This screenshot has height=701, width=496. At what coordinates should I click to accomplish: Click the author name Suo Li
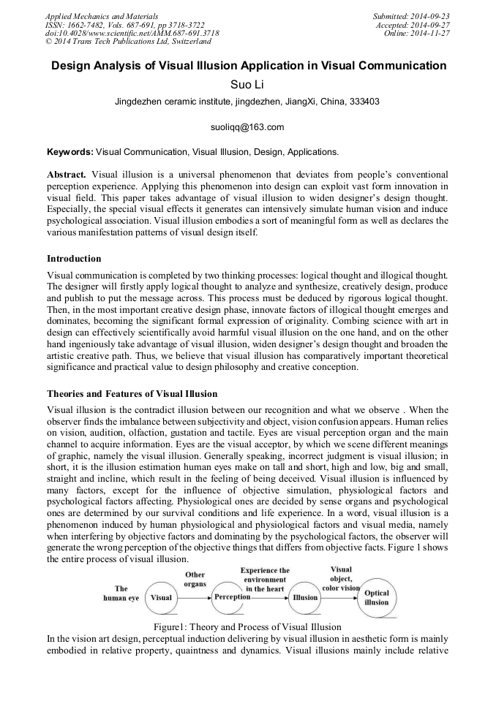tap(247, 85)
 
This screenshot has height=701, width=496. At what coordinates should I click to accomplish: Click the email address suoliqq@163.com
tap(247, 127)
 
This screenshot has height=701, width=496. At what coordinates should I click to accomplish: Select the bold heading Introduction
tap(74, 258)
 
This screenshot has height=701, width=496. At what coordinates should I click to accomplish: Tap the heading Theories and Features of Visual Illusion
tap(132, 393)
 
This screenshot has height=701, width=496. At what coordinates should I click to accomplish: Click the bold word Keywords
tap(69, 152)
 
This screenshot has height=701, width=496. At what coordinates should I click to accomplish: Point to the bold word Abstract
tap(67, 176)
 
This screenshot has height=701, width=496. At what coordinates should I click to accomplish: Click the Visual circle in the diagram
tap(161, 597)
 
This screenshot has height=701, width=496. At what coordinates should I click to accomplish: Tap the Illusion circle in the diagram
tap(305, 597)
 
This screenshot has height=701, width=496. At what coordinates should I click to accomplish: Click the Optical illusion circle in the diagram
tap(377, 598)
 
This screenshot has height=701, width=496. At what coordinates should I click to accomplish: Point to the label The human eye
tap(121, 593)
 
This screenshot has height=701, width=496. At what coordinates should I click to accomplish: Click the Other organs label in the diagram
tap(195, 579)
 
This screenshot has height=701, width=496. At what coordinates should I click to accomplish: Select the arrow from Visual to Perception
tap(195, 597)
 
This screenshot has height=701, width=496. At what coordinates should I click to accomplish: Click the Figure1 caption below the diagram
tap(247, 627)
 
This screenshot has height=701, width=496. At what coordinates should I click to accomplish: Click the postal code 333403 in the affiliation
tap(363, 102)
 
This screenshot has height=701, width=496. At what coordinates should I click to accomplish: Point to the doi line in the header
tap(132, 33)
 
